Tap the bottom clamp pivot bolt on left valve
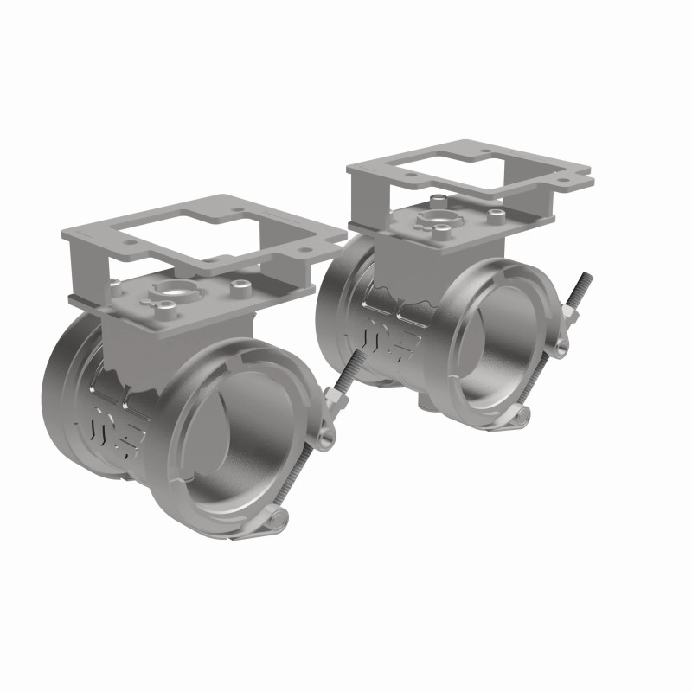click(x=275, y=520)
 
